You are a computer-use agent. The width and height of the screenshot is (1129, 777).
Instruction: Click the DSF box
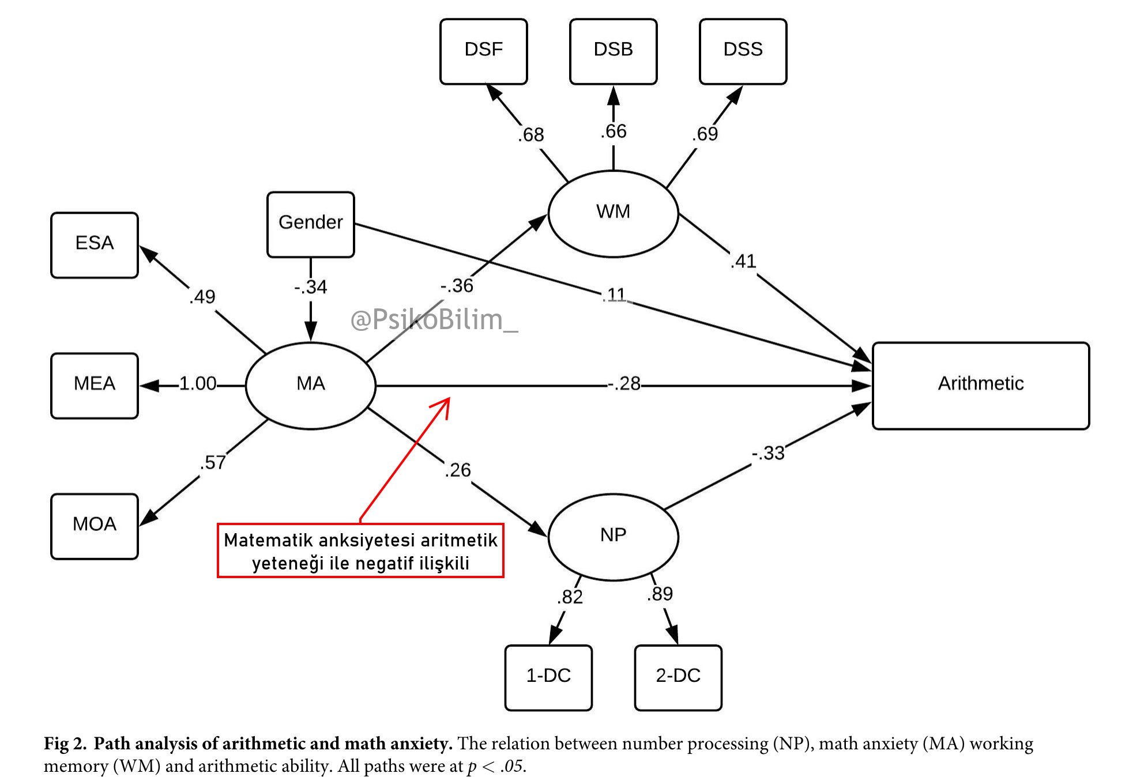tap(483, 51)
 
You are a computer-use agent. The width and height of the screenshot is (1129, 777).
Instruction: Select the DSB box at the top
tap(613, 51)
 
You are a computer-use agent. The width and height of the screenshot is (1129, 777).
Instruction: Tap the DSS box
tap(743, 51)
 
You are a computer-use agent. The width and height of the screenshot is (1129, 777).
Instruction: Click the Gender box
tap(310, 224)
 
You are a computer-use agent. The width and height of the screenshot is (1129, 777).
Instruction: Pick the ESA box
tap(95, 245)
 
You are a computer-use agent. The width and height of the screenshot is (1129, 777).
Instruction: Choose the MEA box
tap(95, 386)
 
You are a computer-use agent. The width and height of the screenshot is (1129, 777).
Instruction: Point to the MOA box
tap(95, 526)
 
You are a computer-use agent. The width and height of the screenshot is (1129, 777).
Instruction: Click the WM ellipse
tap(613, 213)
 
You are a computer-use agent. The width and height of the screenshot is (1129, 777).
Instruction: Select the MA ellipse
tap(310, 386)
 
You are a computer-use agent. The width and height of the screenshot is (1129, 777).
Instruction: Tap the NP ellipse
tap(613, 537)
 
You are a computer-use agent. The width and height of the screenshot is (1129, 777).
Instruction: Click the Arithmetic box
tap(980, 386)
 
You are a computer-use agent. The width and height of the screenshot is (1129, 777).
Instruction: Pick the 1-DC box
tap(548, 677)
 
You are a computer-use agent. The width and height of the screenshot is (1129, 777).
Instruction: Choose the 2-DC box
tap(678, 677)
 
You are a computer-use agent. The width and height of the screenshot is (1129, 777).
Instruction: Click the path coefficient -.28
tap(624, 384)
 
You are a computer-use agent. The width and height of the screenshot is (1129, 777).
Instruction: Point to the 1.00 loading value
tap(197, 384)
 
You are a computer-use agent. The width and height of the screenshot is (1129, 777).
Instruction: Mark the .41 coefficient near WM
tap(743, 262)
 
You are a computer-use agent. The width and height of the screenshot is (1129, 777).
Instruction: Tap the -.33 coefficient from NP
tap(768, 454)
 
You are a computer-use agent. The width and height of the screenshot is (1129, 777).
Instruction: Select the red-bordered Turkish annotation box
tap(360, 550)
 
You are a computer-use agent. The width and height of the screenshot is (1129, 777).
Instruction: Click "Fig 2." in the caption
tap(65, 744)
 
